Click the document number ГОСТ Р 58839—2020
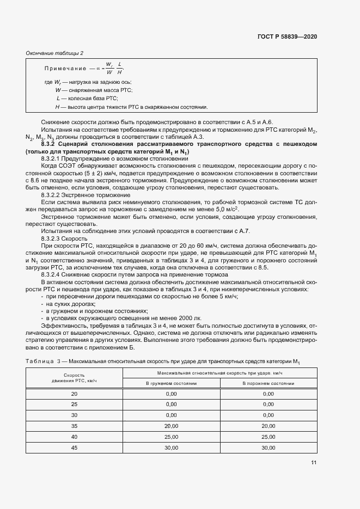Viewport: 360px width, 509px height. [286, 36]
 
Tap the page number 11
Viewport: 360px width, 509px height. [314, 463]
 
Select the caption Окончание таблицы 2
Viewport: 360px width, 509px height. [55, 53]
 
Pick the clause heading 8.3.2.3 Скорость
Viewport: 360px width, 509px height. [65, 238]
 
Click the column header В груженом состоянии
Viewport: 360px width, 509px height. [171, 383]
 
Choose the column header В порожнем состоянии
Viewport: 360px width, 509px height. [268, 383]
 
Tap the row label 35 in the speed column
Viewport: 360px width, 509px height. [74, 426]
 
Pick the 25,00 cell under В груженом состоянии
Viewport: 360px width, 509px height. [171, 437]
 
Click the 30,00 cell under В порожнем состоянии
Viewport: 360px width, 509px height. [268, 448]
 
